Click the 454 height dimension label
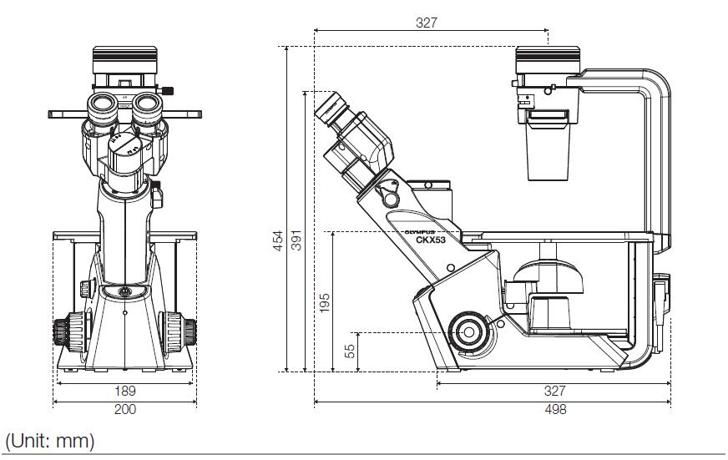point(278,240)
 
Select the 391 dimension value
point(296,240)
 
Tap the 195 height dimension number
point(325,303)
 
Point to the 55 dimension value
point(350,351)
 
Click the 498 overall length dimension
point(556,409)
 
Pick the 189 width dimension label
point(125,391)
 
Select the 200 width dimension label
point(125,409)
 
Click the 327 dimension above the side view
point(427,23)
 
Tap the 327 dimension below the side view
point(555,391)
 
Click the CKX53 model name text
point(431,240)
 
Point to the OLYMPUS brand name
point(420,232)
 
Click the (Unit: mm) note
point(50,441)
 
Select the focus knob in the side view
point(468,332)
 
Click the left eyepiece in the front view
point(103,109)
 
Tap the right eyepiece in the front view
point(148,109)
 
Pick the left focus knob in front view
point(69,331)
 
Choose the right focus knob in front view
point(179,331)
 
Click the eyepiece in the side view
point(332,109)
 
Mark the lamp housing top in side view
point(548,60)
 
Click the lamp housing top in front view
point(125,60)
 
